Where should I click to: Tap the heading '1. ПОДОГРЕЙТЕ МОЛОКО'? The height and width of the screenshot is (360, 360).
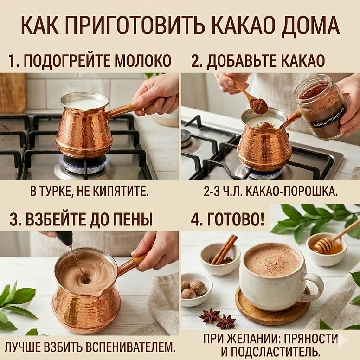point(90,61)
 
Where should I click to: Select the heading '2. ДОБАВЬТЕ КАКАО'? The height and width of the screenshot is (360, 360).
point(258,61)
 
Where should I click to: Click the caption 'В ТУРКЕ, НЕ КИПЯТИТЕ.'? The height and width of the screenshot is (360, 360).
point(90,192)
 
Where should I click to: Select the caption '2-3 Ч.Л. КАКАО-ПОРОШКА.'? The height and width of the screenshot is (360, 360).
point(270,192)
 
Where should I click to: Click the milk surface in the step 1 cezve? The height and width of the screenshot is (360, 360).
point(85,103)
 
